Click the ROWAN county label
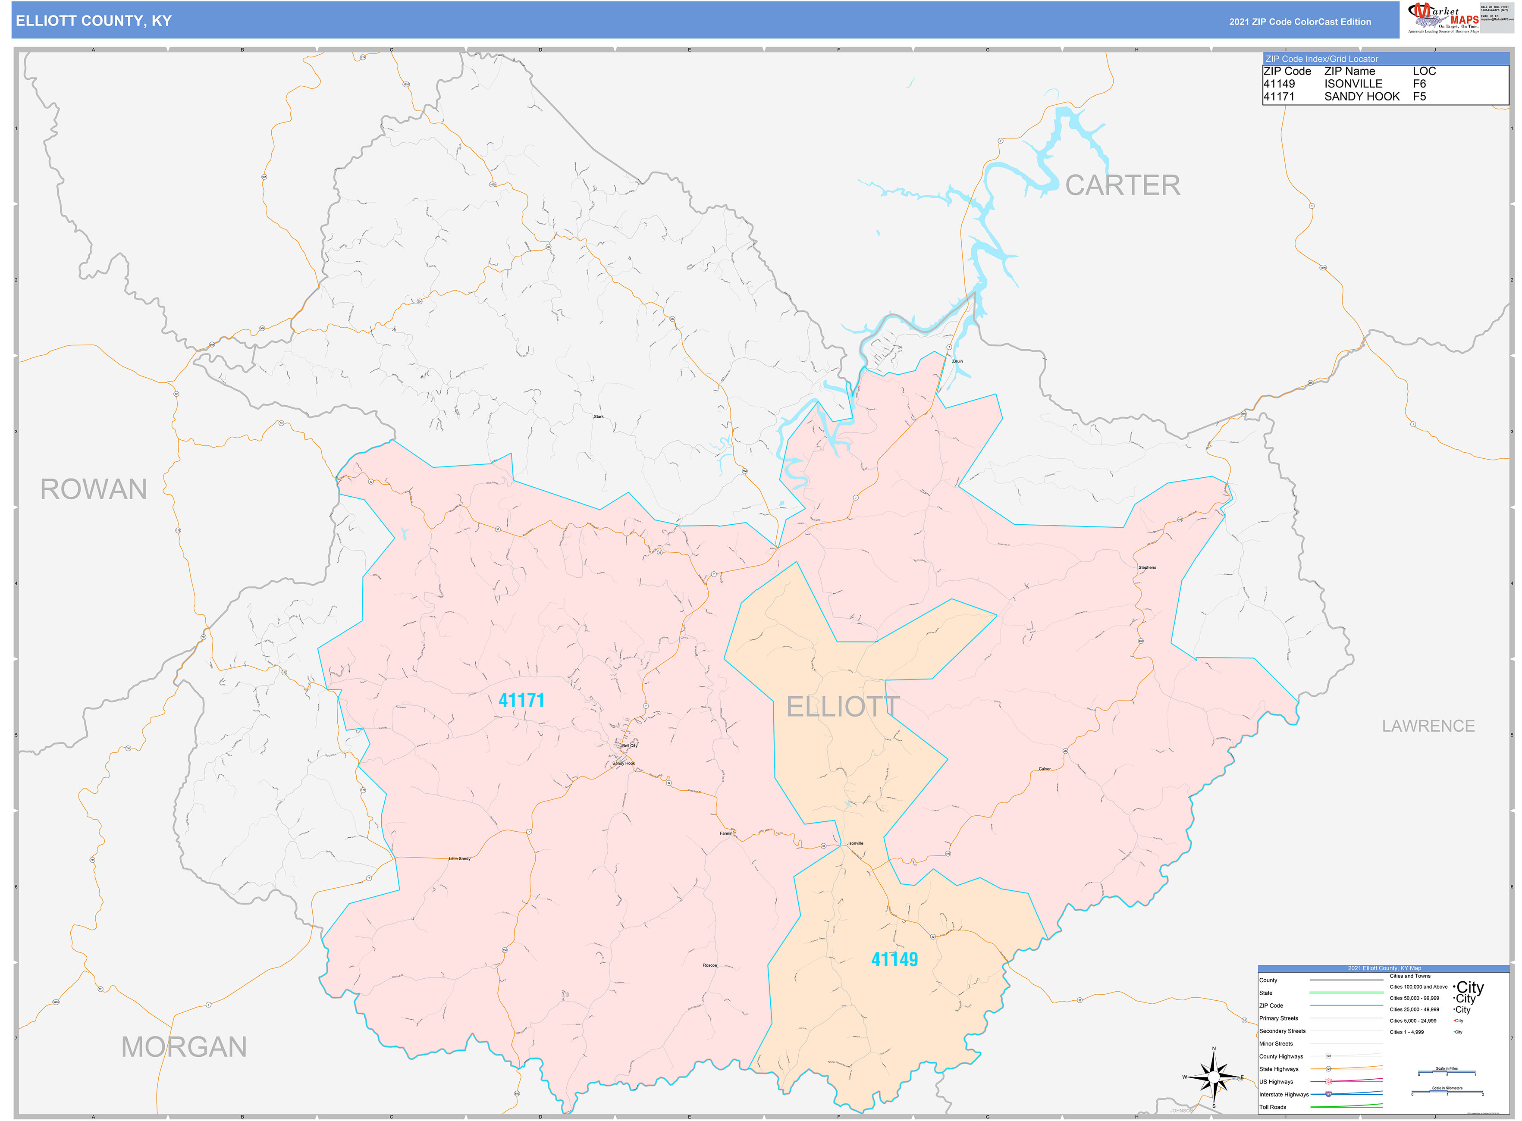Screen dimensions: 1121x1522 coord(94,489)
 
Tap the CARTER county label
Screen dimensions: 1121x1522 coord(1122,185)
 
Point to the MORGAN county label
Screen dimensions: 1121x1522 coord(184,1047)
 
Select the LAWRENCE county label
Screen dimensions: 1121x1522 coord(1428,726)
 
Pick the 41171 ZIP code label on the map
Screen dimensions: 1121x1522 coord(521,700)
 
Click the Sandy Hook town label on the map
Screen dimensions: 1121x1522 coord(623,764)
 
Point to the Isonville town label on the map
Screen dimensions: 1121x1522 coord(855,843)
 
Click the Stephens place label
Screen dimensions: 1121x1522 coord(1147,567)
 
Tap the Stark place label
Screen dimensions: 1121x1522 coord(598,416)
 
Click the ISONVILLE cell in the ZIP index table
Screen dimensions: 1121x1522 coord(1353,84)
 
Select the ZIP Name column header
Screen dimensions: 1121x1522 coord(1349,71)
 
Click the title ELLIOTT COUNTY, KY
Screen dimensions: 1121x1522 coord(94,21)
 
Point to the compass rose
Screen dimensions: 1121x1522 coord(1214,1077)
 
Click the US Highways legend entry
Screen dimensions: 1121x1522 coord(1276,1082)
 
